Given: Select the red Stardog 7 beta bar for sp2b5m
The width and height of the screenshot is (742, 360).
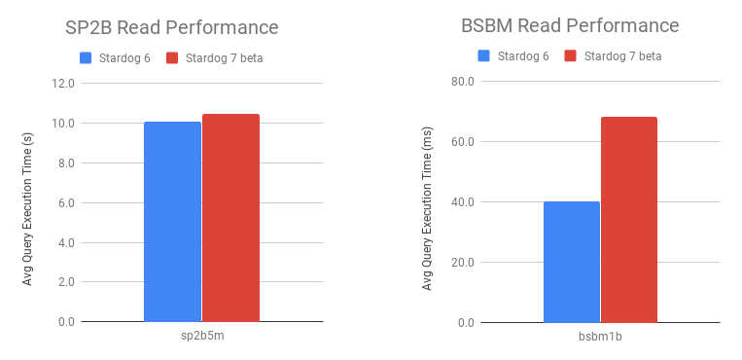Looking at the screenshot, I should (230, 218).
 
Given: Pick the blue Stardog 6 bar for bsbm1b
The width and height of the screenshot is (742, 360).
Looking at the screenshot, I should (572, 262).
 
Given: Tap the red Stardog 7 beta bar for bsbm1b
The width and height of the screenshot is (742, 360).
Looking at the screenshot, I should (629, 220).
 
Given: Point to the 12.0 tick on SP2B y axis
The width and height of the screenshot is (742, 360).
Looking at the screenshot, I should (62, 84).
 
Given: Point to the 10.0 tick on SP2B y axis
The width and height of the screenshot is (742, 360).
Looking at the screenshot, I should (62, 124).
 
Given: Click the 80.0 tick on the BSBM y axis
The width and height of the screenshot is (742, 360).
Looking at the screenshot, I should (461, 82).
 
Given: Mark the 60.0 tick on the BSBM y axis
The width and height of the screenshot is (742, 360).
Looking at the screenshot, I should (461, 142).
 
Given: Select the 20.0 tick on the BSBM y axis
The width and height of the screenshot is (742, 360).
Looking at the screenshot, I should (461, 263).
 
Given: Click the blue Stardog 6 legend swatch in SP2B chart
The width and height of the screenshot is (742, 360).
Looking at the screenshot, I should (87, 58).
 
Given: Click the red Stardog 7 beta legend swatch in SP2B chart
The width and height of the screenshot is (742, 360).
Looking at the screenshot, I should (173, 58).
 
